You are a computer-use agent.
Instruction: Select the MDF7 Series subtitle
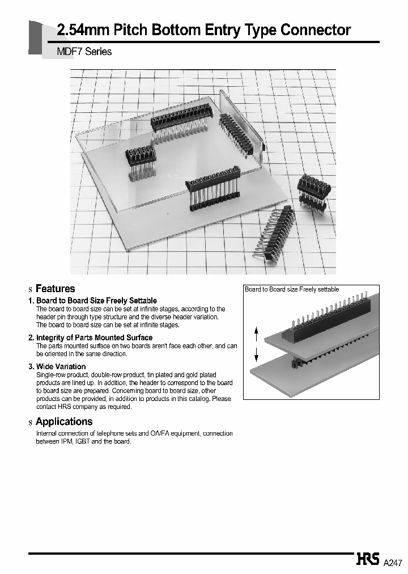[84, 52]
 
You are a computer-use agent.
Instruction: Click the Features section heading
[55, 289]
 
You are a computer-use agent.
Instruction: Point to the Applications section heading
[63, 421]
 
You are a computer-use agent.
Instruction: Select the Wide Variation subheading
[61, 366]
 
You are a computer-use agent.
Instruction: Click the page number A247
[393, 563]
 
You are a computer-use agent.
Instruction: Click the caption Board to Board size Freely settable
[292, 289]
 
